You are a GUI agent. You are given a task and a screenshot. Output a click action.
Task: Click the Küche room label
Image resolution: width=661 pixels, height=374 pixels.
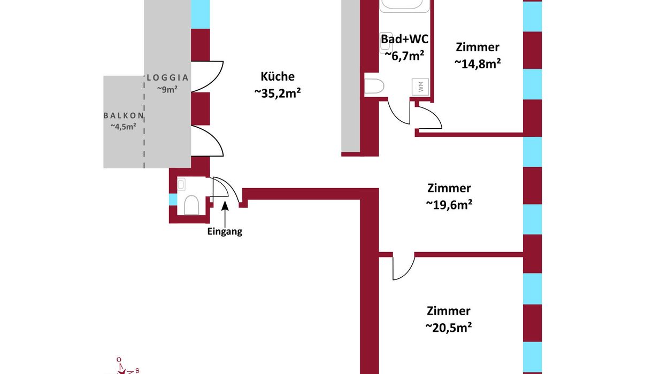click(278, 76)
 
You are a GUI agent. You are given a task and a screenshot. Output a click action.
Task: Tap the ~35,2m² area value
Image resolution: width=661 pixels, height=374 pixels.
click(278, 93)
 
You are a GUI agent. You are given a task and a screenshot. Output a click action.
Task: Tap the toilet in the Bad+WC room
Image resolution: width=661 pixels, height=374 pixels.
click(375, 87)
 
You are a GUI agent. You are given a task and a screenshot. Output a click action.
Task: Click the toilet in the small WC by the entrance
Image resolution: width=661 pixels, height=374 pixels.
click(191, 204)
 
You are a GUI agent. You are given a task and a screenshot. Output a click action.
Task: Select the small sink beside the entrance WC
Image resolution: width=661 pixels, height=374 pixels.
click(181, 185)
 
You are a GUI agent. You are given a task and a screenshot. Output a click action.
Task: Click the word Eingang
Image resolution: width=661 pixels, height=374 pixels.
click(225, 232)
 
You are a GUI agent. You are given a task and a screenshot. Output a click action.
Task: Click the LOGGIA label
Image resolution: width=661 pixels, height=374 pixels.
click(168, 77)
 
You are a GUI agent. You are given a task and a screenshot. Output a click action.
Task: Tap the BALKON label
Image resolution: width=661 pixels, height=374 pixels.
click(124, 115)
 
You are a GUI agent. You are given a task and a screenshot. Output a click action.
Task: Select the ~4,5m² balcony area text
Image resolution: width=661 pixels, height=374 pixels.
click(124, 127)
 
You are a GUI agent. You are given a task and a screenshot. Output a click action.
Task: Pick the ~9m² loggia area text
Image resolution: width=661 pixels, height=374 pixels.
click(167, 89)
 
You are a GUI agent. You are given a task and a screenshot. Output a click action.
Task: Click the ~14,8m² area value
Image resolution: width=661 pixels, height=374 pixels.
click(478, 63)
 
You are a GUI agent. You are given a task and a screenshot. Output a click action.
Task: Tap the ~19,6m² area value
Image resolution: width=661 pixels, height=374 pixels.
click(449, 204)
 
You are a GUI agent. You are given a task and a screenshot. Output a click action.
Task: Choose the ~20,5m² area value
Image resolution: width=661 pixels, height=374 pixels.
click(449, 327)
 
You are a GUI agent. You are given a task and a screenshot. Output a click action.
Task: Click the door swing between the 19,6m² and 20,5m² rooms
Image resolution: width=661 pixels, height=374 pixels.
click(403, 267)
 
